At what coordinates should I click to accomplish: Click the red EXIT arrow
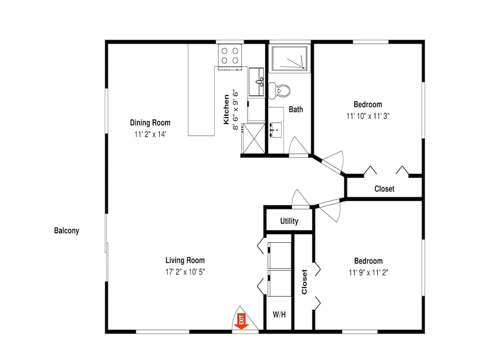pos(241,322)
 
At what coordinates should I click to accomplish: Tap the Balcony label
pos(66,230)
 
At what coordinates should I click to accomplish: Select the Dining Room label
pos(150,123)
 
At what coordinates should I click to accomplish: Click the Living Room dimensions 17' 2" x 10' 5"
pos(185,272)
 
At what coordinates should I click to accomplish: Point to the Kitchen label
pos(226,109)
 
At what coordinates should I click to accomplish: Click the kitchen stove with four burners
pos(230,55)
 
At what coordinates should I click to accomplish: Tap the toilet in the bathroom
pos(279,91)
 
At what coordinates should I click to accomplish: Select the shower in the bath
pos(289,59)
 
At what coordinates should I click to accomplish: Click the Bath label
pos(296,109)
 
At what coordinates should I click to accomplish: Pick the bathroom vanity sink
pos(276,130)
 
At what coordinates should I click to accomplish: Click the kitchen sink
pos(256,82)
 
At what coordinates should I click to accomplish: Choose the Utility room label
pos(289,221)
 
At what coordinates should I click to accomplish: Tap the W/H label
pos(279,314)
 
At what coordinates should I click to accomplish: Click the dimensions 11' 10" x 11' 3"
pos(368,116)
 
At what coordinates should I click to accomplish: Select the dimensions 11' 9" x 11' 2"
pos(369,273)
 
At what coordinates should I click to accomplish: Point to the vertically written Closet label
pos(304,282)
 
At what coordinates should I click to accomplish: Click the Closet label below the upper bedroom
pos(384,189)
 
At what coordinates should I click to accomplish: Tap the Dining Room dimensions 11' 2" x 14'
pos(150,134)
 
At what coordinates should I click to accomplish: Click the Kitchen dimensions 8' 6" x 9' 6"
pos(235,109)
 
